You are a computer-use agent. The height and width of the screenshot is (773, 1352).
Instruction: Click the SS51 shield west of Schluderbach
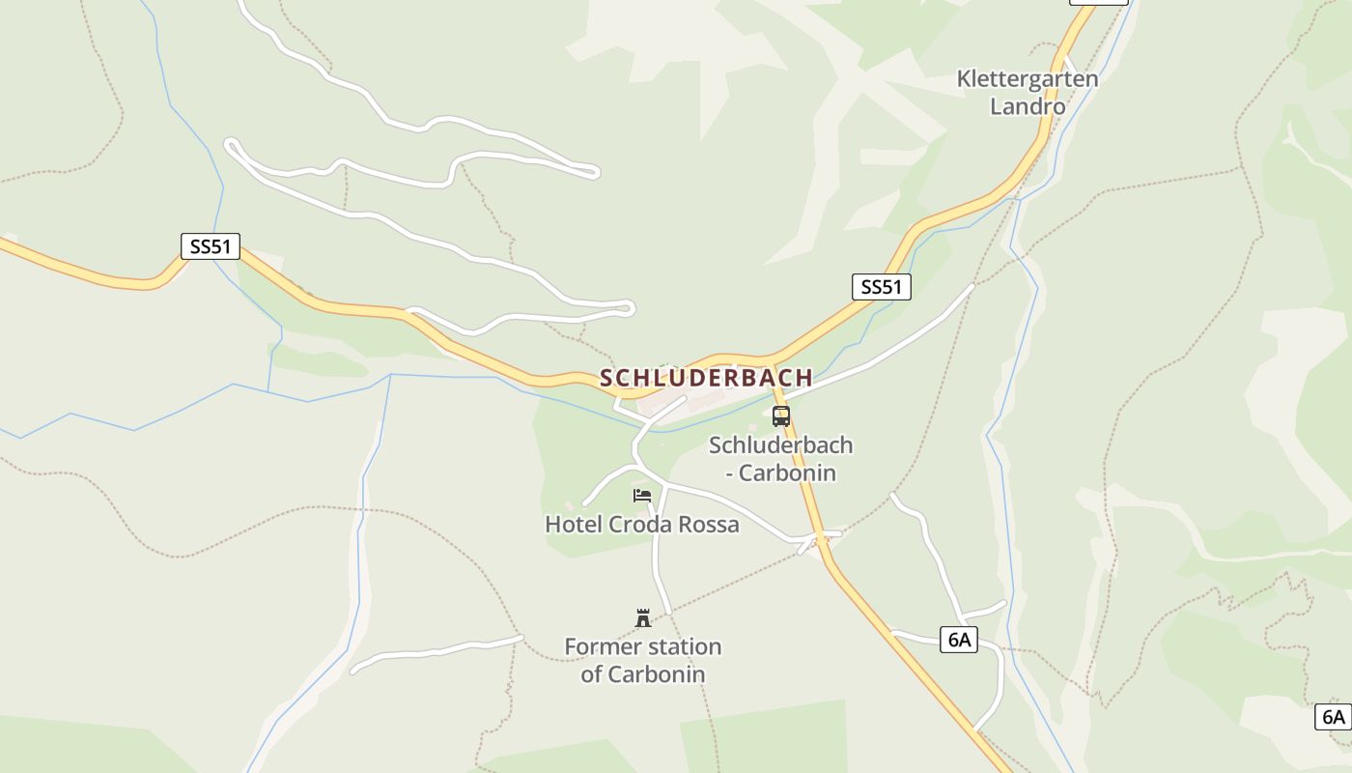click(x=211, y=246)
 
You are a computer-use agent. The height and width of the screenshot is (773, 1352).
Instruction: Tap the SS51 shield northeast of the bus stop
click(x=881, y=286)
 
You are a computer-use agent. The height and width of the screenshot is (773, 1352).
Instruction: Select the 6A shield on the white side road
click(x=958, y=640)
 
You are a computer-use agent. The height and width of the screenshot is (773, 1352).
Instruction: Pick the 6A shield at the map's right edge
click(x=1333, y=717)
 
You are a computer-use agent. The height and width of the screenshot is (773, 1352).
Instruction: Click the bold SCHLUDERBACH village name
click(x=706, y=378)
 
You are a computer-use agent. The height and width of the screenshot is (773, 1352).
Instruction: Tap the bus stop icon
click(x=781, y=416)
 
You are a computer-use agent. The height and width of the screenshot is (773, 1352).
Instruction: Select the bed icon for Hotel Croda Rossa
click(x=642, y=496)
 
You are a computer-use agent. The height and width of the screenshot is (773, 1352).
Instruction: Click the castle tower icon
click(x=643, y=617)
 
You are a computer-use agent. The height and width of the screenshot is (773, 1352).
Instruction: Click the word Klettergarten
click(x=1028, y=79)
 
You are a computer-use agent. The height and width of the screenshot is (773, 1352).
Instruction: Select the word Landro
click(x=1028, y=106)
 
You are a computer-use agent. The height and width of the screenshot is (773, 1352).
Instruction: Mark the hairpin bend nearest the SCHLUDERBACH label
click(x=629, y=309)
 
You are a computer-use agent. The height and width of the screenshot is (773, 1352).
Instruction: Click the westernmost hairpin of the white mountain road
click(x=230, y=146)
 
